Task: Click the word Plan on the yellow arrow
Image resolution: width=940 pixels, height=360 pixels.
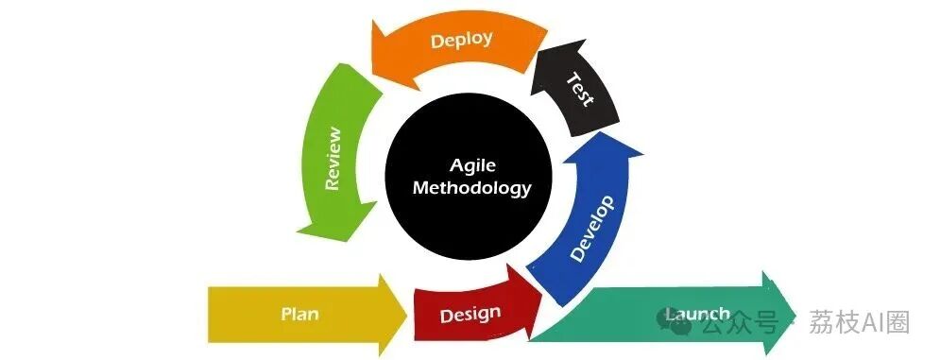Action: (x=299, y=314)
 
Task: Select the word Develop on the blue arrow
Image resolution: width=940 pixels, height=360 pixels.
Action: (x=591, y=229)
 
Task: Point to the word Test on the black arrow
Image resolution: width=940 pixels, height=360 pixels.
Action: (x=580, y=90)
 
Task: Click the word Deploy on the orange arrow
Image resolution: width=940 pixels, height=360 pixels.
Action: (x=462, y=41)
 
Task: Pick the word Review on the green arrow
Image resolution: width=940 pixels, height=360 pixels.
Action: (x=333, y=159)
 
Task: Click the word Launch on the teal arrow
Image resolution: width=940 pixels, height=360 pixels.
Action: (x=698, y=315)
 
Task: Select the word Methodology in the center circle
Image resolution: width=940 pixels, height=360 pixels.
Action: (x=472, y=188)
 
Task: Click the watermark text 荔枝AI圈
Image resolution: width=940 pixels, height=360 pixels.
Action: (x=859, y=322)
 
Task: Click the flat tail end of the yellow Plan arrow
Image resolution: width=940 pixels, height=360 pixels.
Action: (x=209, y=314)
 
